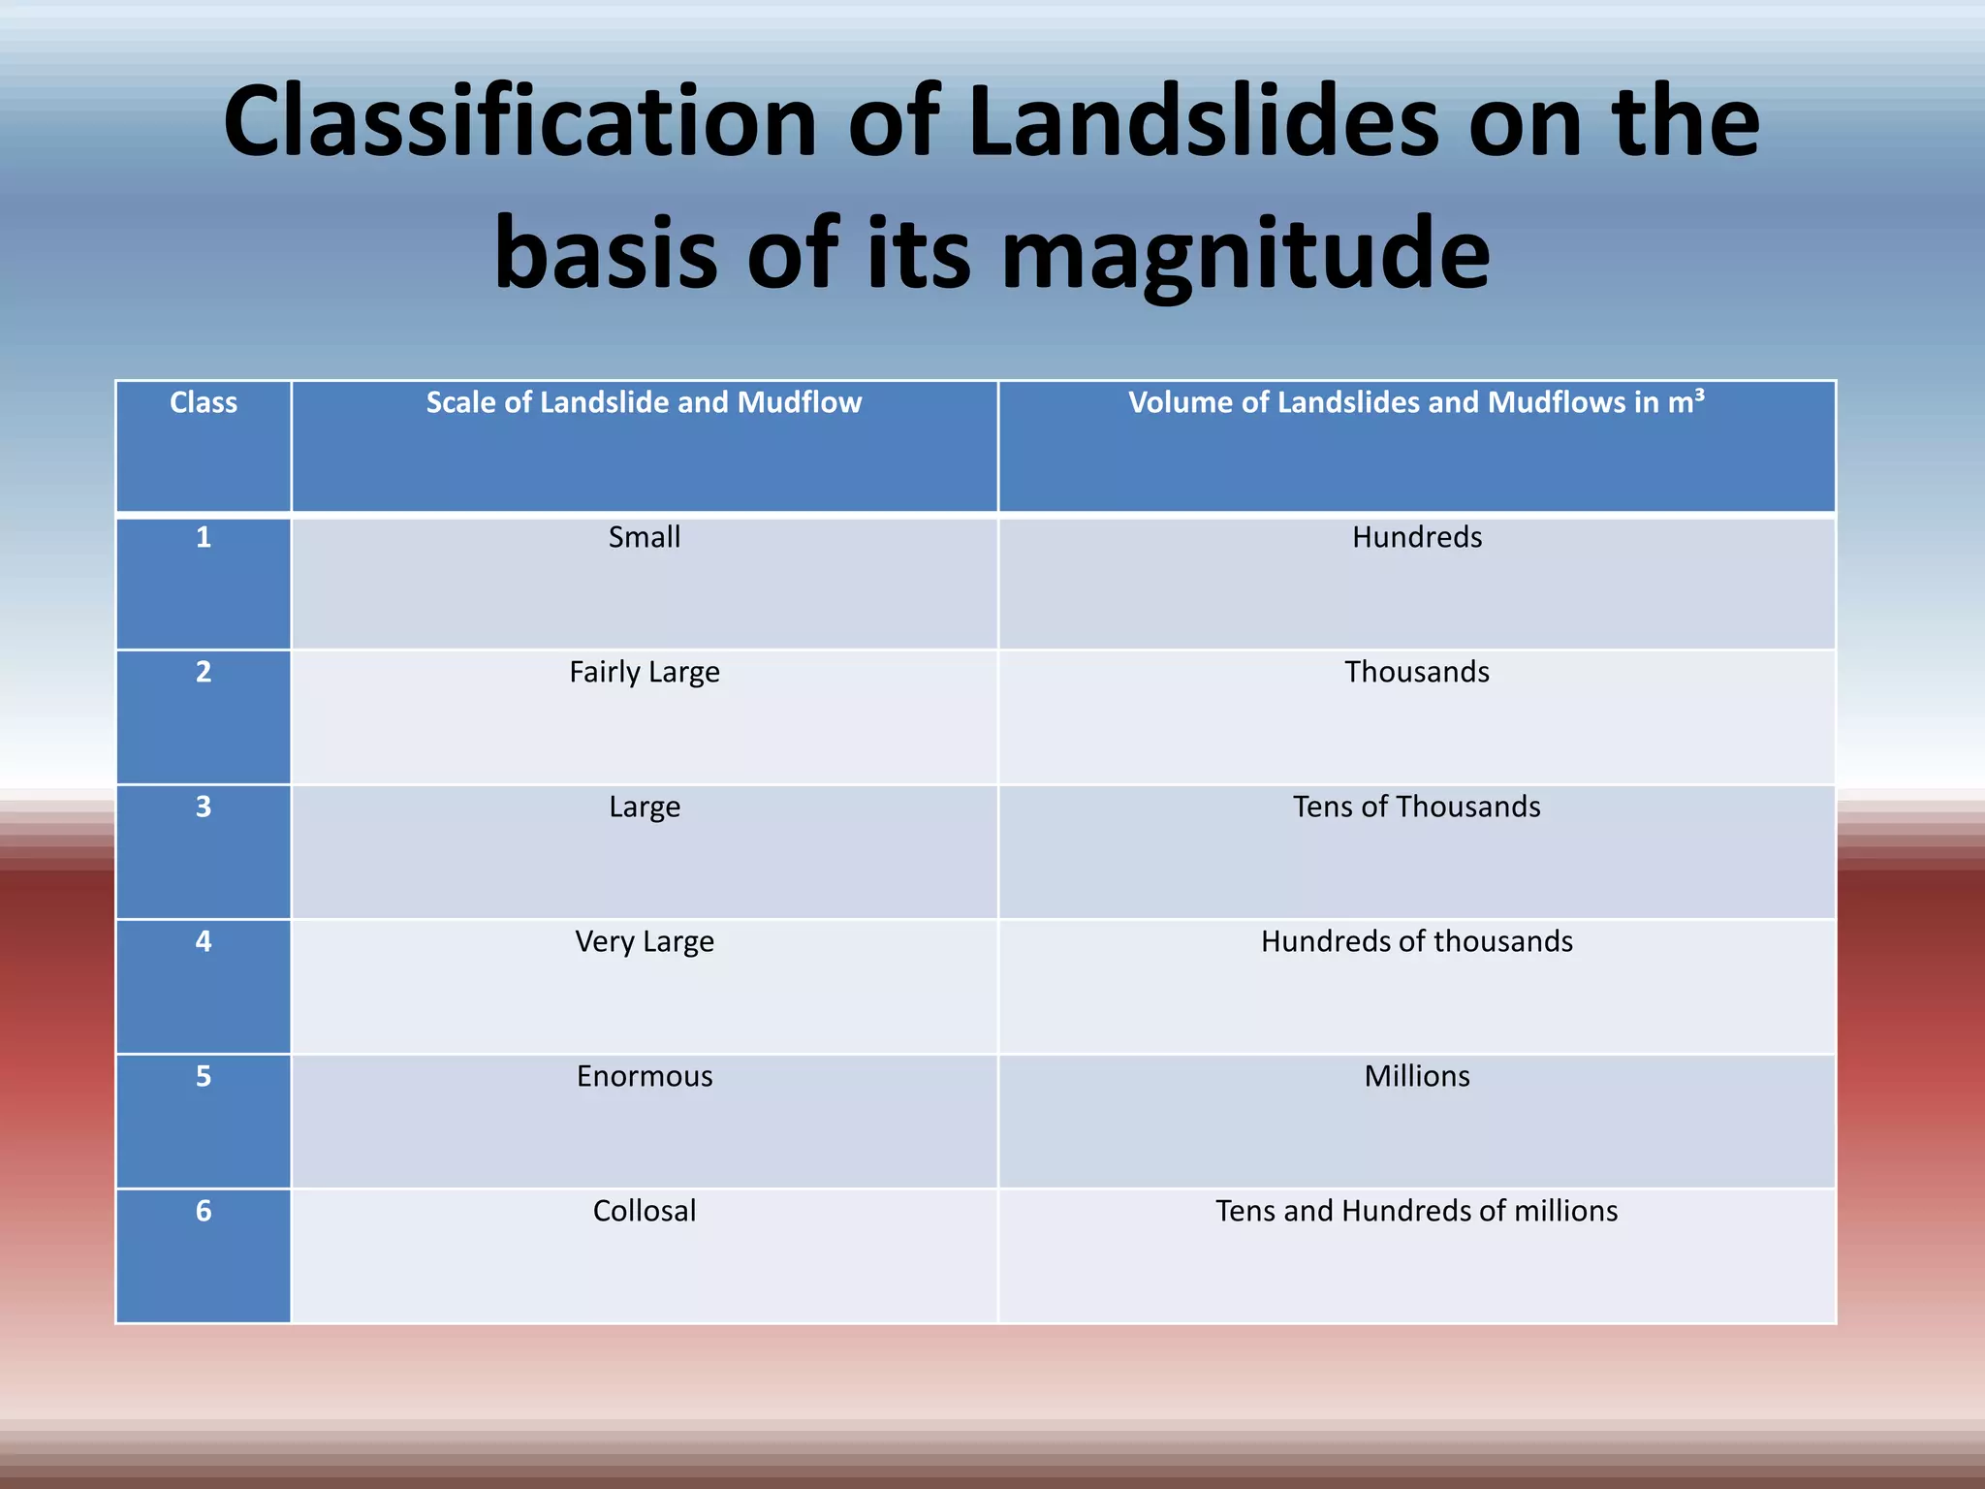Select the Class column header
coord(203,402)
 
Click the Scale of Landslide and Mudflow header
coord(644,402)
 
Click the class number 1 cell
coord(203,537)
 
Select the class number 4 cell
coord(203,941)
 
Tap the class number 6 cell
coord(203,1211)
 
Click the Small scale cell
coord(644,537)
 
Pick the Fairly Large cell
coord(644,672)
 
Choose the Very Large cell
coord(644,941)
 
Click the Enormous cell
coord(644,1076)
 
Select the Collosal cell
coord(644,1211)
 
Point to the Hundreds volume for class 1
coord(1416,537)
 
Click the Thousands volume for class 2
coord(1416,672)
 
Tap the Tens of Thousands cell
coord(1416,807)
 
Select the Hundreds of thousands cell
coord(1416,941)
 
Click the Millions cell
coord(1416,1076)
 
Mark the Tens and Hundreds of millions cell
coord(1416,1211)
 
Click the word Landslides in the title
coord(1203,122)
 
